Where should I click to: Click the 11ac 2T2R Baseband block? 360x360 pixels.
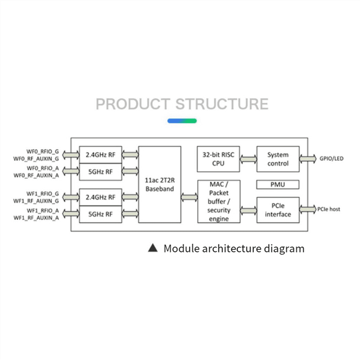pos(159,184)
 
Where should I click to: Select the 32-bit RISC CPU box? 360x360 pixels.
pos(218,159)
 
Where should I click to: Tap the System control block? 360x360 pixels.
pos(278,159)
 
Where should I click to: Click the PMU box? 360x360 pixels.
pos(277,184)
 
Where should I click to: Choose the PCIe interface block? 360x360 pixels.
pos(278,210)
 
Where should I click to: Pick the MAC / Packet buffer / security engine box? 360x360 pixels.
pos(219,202)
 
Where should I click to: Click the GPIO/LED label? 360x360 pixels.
pos(331,158)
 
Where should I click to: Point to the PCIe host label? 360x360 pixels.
pos(329,209)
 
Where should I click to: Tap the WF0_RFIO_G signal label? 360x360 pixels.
pos(43,152)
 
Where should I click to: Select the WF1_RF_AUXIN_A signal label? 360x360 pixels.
pos(36,218)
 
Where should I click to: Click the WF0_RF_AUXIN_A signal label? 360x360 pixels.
pos(36,175)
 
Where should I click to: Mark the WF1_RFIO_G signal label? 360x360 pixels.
pos(43,194)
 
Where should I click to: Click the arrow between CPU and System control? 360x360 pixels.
pos(248,159)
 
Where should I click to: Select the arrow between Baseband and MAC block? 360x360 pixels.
pos(189,197)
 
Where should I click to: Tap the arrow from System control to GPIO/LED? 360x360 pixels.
pos(308,158)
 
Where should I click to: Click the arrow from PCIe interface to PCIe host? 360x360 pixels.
pos(308,209)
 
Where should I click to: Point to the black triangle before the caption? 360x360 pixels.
pos(153,248)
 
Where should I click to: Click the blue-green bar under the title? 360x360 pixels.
pos(182,121)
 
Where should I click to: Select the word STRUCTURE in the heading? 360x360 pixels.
pos(222,104)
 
